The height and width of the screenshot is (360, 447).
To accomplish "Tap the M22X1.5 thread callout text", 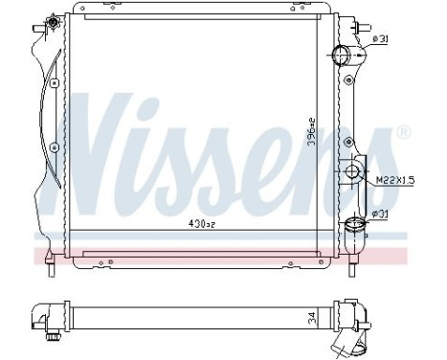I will (x=391, y=179).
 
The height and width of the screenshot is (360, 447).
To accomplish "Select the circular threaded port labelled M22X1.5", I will (x=354, y=173).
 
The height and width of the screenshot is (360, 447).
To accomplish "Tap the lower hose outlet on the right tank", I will (x=356, y=226).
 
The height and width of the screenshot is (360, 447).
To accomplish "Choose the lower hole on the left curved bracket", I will (x=54, y=147).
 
